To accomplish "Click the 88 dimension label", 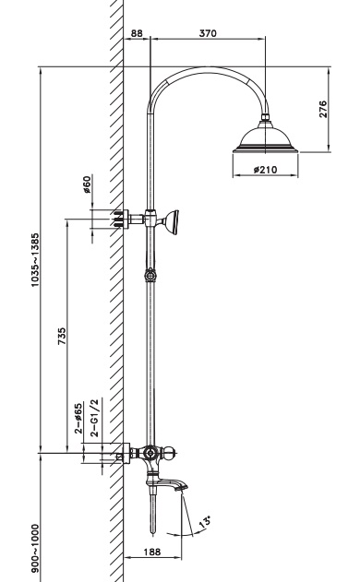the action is [137, 33].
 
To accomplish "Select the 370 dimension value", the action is [208, 33].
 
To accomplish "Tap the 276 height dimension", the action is [323, 109].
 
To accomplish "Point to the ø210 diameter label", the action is [265, 170].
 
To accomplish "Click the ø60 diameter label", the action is [87, 184].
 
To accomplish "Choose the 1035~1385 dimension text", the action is [35, 260].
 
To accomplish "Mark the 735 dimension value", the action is [62, 336].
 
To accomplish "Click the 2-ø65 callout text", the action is [78, 419].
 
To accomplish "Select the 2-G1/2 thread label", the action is [95, 418].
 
